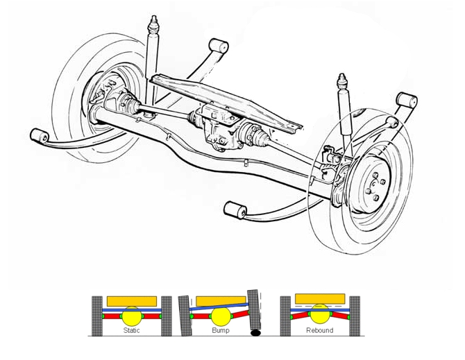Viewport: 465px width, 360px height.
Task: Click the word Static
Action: [130, 330]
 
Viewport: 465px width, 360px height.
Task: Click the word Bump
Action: [221, 330]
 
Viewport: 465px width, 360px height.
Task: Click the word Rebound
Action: [319, 330]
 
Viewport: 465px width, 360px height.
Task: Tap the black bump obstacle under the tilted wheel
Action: [256, 334]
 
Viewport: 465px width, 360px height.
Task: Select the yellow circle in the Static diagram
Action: [130, 317]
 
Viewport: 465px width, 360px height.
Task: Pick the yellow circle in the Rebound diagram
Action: [319, 313]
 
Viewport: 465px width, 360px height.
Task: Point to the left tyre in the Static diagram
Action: [97, 316]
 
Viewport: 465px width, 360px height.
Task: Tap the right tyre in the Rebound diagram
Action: [355, 316]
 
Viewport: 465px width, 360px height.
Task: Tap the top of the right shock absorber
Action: [342, 82]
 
